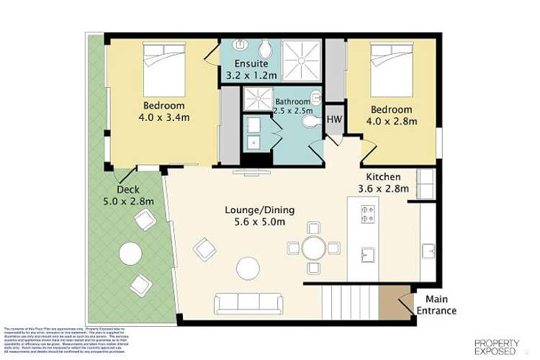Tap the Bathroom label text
click(x=292, y=102)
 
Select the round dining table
click(x=313, y=248)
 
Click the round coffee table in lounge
click(x=248, y=269)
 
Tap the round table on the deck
click(x=130, y=253)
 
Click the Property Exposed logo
click(x=496, y=346)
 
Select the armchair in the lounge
click(x=204, y=249)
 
